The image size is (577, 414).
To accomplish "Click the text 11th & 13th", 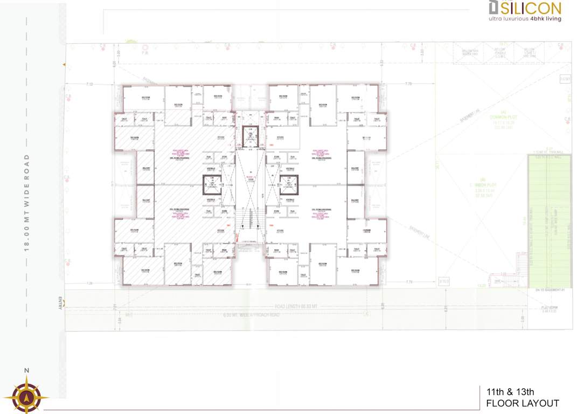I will [x=510, y=392].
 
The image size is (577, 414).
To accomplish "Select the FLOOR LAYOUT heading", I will [x=522, y=403].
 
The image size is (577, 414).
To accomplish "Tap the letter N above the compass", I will [x=26, y=370].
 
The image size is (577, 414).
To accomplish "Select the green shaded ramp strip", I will [x=549, y=221].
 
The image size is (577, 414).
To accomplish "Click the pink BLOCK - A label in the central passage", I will [x=251, y=176].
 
